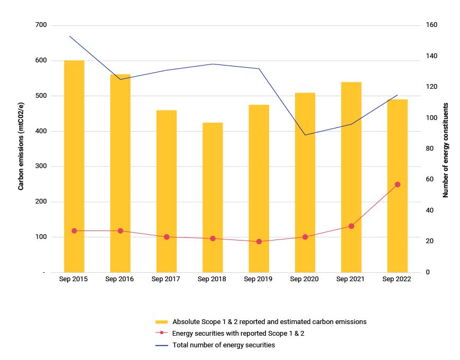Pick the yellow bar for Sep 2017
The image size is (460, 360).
(x=167, y=191)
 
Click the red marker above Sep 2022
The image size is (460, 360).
(x=398, y=184)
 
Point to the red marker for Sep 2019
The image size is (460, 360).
(x=259, y=242)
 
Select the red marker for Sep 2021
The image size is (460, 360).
(x=351, y=226)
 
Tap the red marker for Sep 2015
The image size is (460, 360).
(x=74, y=231)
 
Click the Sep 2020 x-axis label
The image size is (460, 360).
(x=305, y=279)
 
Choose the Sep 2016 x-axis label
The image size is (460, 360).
(x=120, y=279)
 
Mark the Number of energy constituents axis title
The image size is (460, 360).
(x=446, y=150)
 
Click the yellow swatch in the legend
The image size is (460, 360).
(x=162, y=322)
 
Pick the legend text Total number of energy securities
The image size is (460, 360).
(x=224, y=345)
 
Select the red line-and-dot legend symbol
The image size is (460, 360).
(x=162, y=334)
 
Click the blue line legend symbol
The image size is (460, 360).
(x=162, y=345)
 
